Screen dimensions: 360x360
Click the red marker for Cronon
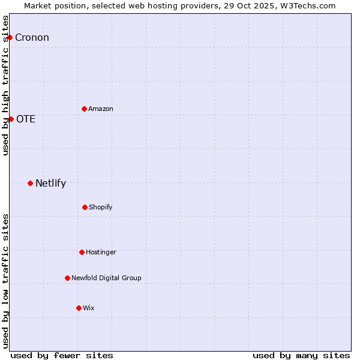pyautogui.click(x=10, y=37)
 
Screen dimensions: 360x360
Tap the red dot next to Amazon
pyautogui.click(x=84, y=109)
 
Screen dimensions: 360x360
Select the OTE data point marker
pyautogui.click(x=11, y=119)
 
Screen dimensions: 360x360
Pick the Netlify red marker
pyautogui.click(x=30, y=183)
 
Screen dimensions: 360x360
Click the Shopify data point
pyautogui.click(x=85, y=207)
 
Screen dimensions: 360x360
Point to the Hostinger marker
pyautogui.click(x=82, y=252)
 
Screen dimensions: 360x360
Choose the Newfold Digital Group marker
pyautogui.click(x=67, y=278)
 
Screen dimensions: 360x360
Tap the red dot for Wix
pyautogui.click(x=79, y=308)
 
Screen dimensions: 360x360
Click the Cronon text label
pyautogui.click(x=32, y=38)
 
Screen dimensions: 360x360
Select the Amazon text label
pyautogui.click(x=101, y=109)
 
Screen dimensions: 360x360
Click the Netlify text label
pyautogui.click(x=50, y=184)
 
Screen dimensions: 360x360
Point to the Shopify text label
pyautogui.click(x=101, y=208)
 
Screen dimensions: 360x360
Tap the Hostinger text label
pyautogui.click(x=101, y=253)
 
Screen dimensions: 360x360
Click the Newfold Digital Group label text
pyautogui.click(x=106, y=278)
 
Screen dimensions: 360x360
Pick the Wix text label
pyautogui.click(x=89, y=308)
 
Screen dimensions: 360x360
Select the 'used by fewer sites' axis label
pyautogui.click(x=62, y=355)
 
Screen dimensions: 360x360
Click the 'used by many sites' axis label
pyautogui.click(x=301, y=355)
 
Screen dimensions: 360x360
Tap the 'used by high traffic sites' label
pyautogui.click(x=5, y=85)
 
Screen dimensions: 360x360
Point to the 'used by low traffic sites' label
pyautogui.click(x=5, y=280)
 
